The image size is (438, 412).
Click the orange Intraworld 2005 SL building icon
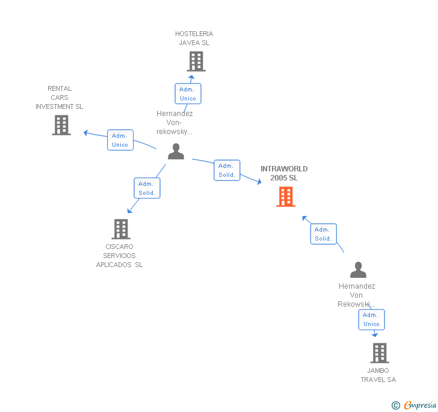point(286,196)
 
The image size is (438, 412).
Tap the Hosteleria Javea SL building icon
point(196,61)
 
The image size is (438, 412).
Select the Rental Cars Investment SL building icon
point(61,125)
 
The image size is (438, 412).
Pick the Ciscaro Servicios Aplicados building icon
point(121,229)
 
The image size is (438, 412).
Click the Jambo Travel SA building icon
point(379,353)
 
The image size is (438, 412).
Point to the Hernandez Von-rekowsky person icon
point(176,152)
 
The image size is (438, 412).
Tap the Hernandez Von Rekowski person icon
point(358,270)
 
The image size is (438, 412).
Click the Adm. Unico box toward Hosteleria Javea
point(188,94)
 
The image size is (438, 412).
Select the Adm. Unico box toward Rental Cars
point(120,140)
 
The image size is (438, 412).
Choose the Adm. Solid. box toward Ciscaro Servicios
point(147,188)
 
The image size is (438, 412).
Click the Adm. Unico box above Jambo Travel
point(371,319)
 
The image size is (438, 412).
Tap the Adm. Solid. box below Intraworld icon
point(323,234)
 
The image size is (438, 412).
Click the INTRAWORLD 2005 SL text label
point(284,173)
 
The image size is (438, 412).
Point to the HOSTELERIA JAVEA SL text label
point(194,38)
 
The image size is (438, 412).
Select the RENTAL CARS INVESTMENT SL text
point(59,97)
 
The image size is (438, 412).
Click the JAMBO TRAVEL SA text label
point(378,375)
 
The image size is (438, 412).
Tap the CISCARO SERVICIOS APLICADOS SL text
point(120,256)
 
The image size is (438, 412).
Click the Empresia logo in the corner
point(420,405)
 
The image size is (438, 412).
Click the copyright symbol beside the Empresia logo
point(396,405)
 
